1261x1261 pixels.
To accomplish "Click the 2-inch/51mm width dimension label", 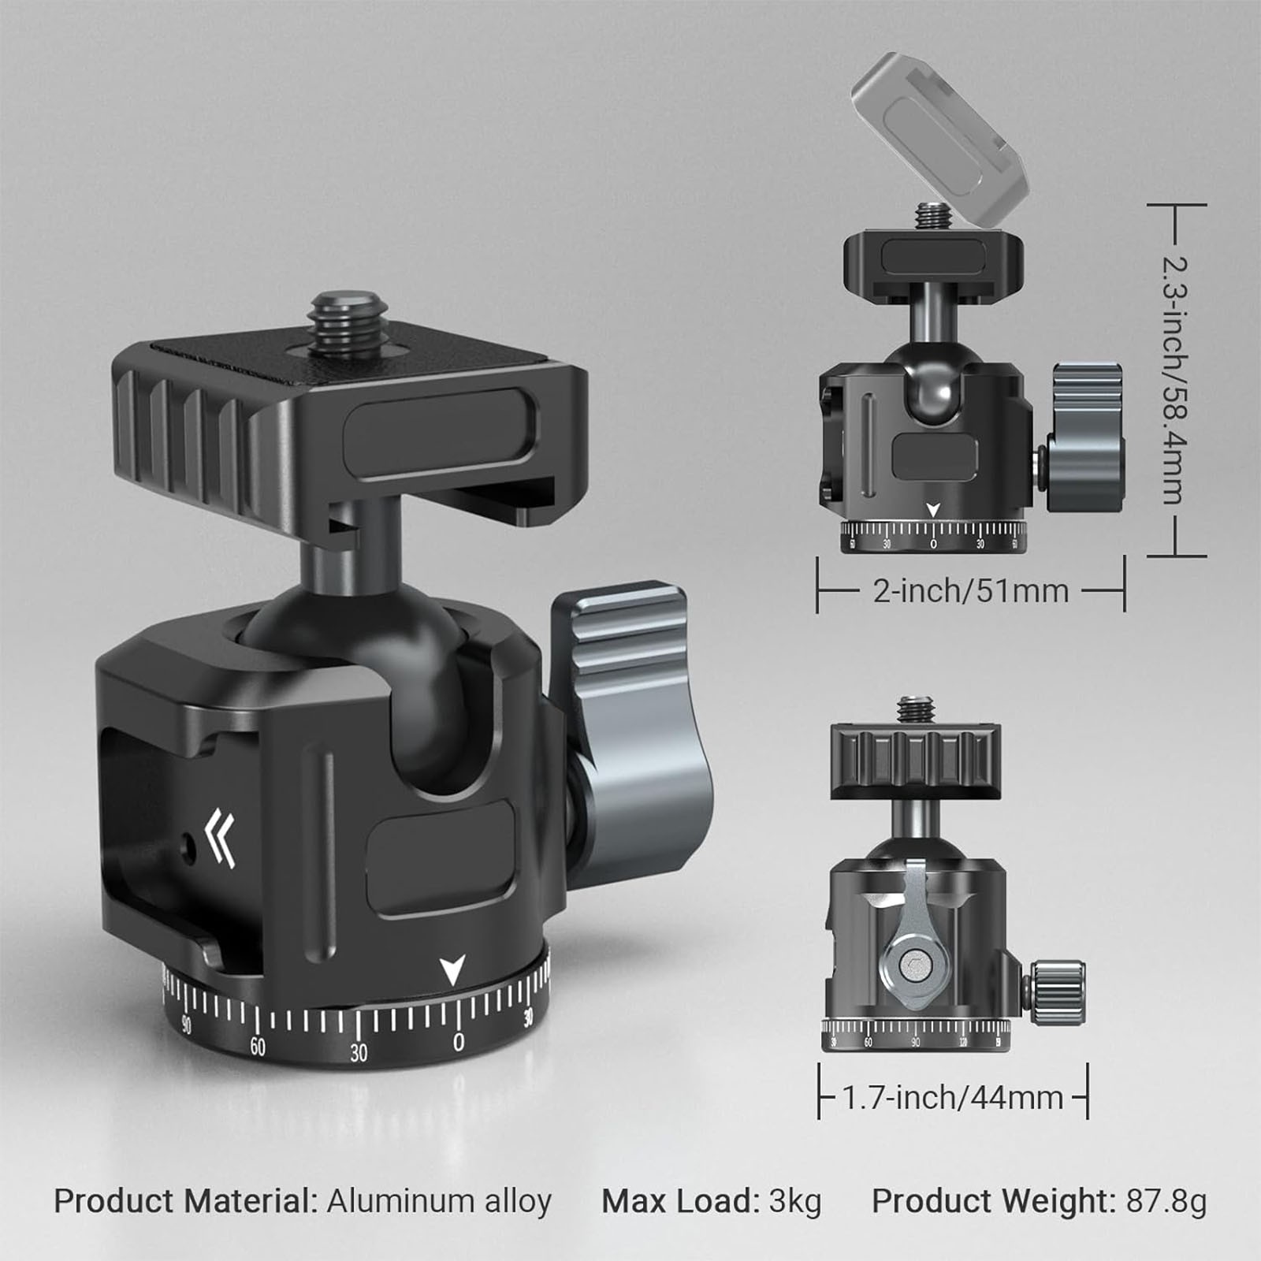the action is pos(970,590).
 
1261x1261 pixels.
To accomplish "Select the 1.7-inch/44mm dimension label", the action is pos(953,1096).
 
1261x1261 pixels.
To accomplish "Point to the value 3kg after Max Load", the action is pos(795,1202).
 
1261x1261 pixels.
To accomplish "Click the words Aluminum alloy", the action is pos(439,1202).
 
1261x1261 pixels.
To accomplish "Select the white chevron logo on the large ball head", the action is pos(219,837).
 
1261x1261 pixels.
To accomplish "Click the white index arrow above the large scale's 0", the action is pos(452,969).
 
